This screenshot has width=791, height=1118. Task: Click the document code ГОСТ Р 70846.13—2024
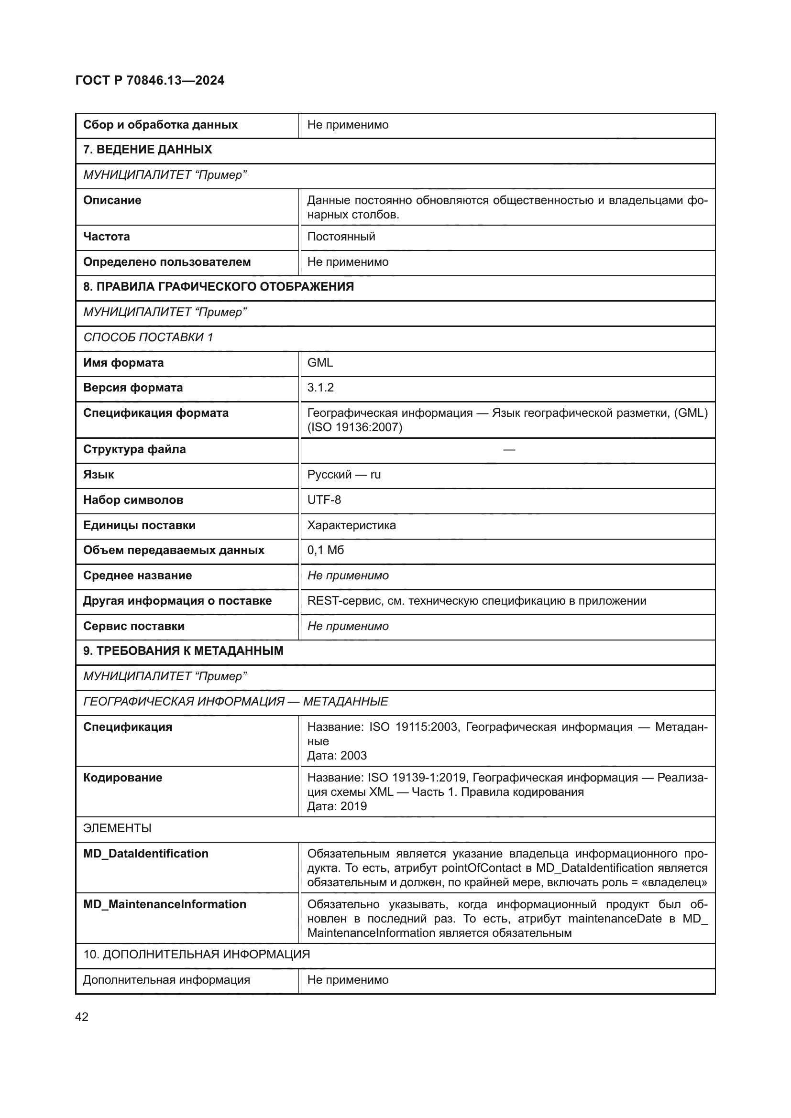(150, 80)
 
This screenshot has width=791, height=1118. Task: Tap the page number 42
(82, 1017)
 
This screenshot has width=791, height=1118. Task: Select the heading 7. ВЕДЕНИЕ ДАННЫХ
(147, 150)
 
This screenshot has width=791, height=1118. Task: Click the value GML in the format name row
(319, 363)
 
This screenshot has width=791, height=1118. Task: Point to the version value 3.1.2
(320, 388)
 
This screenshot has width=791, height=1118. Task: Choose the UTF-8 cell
(324, 500)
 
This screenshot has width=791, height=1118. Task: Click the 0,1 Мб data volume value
(325, 550)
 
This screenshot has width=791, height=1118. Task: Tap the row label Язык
(99, 475)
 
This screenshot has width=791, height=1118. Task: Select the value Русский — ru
(344, 475)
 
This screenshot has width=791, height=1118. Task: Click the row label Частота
(106, 237)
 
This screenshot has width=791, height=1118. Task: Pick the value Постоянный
(341, 237)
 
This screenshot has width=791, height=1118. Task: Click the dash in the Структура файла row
(508, 449)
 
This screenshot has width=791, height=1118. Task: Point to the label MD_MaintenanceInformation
(165, 904)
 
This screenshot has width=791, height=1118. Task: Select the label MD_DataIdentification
(146, 854)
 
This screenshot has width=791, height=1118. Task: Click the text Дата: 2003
(337, 755)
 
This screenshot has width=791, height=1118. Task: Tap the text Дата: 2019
(337, 806)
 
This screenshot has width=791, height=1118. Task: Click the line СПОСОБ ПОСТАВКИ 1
(148, 337)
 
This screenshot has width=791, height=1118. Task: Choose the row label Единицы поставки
(139, 525)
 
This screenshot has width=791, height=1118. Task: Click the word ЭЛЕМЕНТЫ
(117, 828)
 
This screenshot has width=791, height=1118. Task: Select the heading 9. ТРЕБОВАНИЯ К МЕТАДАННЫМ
(183, 651)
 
